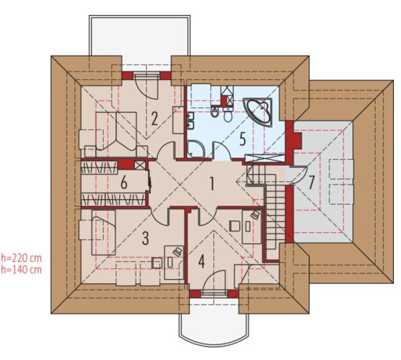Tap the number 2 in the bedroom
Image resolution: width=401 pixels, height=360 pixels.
click(155, 119)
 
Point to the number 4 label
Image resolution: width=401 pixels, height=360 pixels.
click(201, 261)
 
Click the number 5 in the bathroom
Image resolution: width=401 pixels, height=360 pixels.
click(242, 139)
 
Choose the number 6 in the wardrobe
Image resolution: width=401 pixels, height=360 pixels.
click(124, 183)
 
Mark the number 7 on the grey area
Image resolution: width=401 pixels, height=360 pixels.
click(312, 182)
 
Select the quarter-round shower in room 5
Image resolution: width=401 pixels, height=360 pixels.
click(195, 147)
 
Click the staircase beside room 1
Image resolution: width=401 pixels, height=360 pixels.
click(276, 212)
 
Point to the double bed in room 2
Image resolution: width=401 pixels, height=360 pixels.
click(110, 129)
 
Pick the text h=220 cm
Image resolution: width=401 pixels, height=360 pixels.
click(21, 256)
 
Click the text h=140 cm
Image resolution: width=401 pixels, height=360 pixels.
click(21, 269)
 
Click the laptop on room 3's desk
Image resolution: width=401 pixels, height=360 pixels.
click(177, 251)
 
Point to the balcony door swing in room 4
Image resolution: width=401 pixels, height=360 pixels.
click(218, 278)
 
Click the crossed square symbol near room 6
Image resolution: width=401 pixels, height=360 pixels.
click(140, 165)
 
